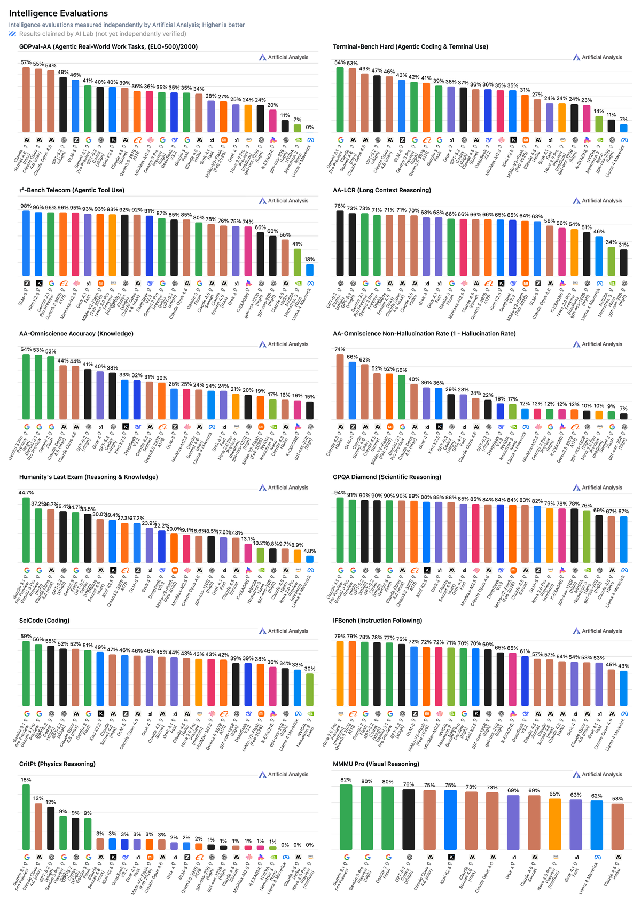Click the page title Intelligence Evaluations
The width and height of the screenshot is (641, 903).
pos(58,13)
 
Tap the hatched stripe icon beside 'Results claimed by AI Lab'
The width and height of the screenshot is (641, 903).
pos(13,34)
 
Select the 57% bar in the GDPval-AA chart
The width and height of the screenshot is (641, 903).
pos(26,100)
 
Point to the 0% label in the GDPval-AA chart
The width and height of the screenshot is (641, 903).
pos(310,128)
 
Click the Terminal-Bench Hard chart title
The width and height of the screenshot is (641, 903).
pos(410,46)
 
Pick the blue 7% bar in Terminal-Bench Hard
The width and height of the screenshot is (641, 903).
pos(623,128)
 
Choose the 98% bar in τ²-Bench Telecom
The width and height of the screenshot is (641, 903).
pos(26,243)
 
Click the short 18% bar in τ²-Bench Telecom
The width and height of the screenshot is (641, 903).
pos(310,270)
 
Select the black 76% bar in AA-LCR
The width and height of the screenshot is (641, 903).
pos(340,243)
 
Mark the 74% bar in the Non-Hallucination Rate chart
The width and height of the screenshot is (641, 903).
pos(340,387)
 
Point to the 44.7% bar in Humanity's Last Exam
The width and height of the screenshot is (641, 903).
pos(26,530)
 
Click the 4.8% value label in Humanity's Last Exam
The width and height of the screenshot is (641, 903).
pos(310,551)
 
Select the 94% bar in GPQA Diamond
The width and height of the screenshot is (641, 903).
pos(340,530)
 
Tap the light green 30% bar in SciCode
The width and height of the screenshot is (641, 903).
pos(310,690)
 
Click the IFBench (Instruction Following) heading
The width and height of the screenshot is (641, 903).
pos(377,621)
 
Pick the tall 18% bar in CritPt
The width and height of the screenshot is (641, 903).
pos(26,817)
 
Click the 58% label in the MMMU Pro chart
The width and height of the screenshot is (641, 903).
pos(617,799)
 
